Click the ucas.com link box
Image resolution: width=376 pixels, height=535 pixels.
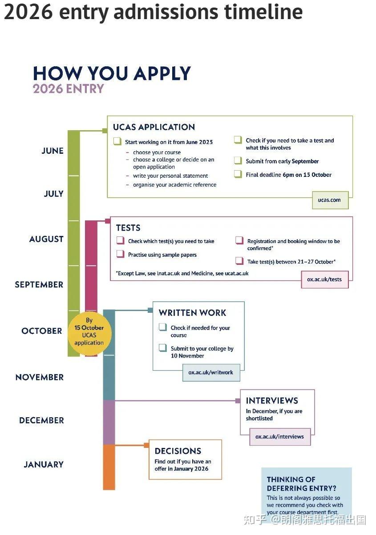click(x=330, y=200)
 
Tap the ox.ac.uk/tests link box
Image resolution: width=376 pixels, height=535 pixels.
click(x=324, y=279)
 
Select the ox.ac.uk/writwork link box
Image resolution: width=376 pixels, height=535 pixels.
click(x=211, y=372)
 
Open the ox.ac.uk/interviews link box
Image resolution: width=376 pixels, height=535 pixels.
click(x=279, y=436)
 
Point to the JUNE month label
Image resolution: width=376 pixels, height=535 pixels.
click(x=53, y=151)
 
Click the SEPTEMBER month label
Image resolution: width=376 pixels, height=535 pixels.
click(x=39, y=284)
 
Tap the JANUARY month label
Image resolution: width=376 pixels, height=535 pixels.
click(x=44, y=464)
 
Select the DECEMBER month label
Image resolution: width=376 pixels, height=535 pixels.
click(x=41, y=420)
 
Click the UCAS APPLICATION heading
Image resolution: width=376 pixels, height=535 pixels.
click(x=154, y=127)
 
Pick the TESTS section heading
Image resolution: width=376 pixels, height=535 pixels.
click(x=128, y=228)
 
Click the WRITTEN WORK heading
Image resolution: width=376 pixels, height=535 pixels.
click(x=192, y=313)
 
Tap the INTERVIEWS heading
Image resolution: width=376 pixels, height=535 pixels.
click(x=272, y=400)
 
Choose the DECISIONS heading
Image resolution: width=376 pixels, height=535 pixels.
click(x=178, y=451)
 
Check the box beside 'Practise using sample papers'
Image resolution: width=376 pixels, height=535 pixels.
click(x=120, y=254)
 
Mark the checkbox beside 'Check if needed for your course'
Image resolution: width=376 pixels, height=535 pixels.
click(x=163, y=327)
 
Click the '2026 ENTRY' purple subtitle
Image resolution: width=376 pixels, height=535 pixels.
click(x=68, y=88)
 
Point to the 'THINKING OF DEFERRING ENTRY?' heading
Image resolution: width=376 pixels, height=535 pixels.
click(x=301, y=484)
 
